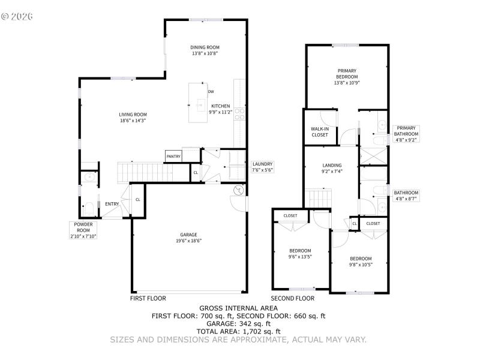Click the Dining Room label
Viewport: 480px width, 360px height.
point(205,50)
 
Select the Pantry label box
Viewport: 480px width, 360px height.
point(173,157)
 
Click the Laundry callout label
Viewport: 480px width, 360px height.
point(262,167)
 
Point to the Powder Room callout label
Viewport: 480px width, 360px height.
point(83,230)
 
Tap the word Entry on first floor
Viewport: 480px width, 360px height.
point(112,204)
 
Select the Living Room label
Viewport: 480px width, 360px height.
point(133,117)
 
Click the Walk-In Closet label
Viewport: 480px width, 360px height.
point(319,132)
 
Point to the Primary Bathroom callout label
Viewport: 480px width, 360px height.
point(406,133)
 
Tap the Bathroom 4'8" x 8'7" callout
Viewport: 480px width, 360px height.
point(406,196)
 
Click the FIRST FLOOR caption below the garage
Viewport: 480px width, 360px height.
point(148,298)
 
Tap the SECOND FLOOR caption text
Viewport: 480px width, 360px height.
point(292,298)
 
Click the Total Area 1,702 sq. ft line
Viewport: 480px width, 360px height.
point(238,331)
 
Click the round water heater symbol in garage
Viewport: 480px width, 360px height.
point(238,190)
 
